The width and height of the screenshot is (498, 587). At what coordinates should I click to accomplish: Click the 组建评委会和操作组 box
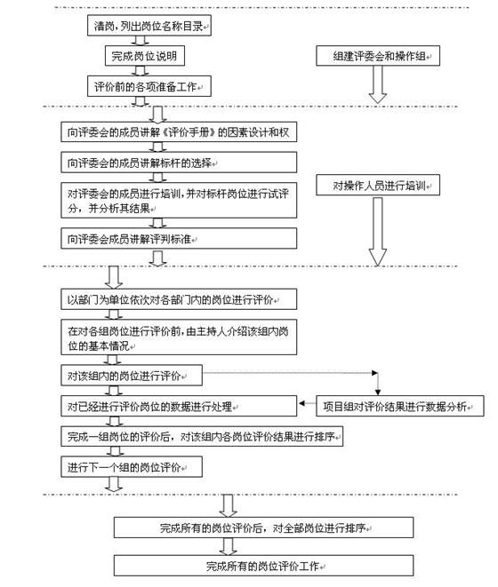tap(377, 57)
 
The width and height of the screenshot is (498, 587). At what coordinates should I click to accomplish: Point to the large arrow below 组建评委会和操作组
tap(377, 85)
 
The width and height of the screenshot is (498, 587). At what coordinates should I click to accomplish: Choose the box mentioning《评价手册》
tap(178, 134)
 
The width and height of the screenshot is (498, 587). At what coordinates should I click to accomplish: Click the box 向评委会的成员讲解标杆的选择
tap(178, 163)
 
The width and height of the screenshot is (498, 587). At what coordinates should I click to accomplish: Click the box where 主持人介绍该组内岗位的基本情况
tap(178, 337)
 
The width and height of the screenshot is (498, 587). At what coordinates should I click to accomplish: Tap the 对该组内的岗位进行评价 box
tap(133, 375)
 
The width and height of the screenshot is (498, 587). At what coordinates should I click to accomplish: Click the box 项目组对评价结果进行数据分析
tap(399, 407)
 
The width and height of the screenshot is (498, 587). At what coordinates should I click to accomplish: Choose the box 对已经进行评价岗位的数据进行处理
tap(178, 407)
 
